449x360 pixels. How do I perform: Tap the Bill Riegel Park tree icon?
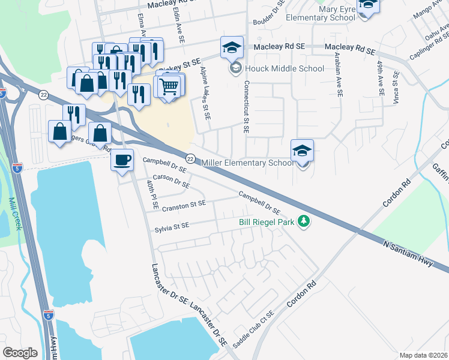(x=304, y=221)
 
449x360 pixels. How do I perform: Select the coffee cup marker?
(x=122, y=160)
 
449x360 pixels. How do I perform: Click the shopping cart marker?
(x=170, y=86)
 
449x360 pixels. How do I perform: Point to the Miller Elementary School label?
(x=247, y=163)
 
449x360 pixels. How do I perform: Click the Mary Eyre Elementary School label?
(x=321, y=13)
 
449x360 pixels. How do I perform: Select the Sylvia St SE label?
(x=172, y=226)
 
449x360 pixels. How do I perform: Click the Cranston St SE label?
(x=184, y=205)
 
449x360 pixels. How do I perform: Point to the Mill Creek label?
(x=11, y=211)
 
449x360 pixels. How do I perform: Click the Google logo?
(x=20, y=353)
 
